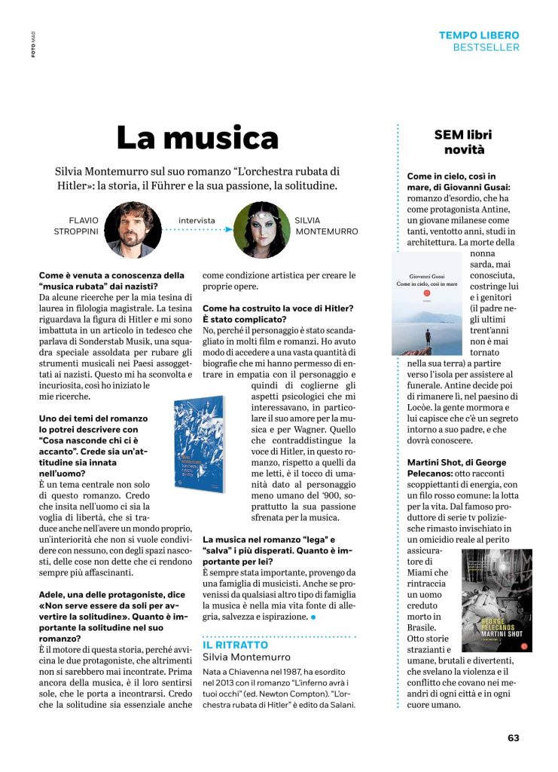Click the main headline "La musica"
(x=197, y=138)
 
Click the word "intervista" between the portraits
(x=197, y=221)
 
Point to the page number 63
(x=513, y=737)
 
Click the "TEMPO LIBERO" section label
(x=479, y=35)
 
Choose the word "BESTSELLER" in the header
(x=486, y=47)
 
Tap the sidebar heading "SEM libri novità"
(x=463, y=142)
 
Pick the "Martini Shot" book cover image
(x=496, y=600)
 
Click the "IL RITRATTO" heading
(x=235, y=645)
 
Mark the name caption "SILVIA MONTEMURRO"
(x=327, y=226)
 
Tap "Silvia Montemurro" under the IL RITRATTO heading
(x=241, y=658)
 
